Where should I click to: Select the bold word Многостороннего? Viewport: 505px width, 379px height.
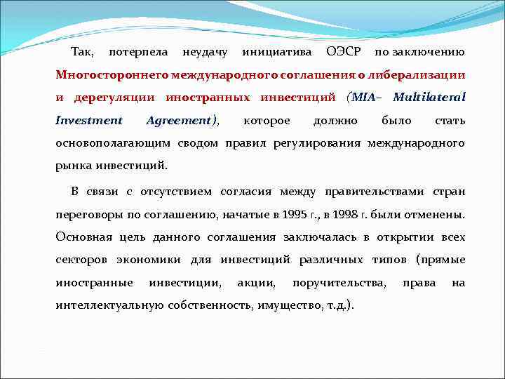(111, 74)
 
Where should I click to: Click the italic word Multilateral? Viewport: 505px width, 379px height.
(429, 97)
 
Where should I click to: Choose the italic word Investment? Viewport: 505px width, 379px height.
(88, 120)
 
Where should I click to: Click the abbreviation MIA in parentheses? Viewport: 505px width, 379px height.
(363, 97)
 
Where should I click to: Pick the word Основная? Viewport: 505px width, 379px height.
(83, 237)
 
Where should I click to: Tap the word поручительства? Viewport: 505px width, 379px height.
(339, 282)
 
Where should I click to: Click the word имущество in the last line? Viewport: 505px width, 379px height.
(286, 305)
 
